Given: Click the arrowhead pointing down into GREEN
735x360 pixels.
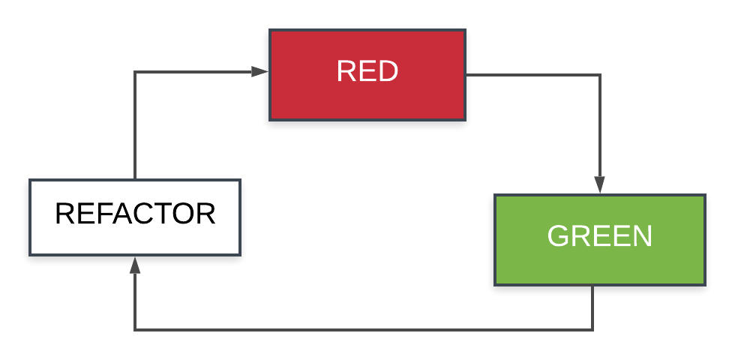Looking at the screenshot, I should [599, 184].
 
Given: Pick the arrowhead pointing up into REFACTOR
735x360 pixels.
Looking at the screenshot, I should [135, 265].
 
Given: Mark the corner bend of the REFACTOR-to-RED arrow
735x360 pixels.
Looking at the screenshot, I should [135, 72].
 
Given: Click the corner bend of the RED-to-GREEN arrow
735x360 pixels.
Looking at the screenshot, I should [599, 75].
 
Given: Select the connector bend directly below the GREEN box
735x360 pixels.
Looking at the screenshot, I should [592, 329].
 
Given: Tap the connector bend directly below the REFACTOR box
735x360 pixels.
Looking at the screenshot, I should [135, 329].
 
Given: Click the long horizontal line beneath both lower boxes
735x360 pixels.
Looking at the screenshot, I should [364, 329].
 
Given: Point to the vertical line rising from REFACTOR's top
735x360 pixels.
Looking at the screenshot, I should [135, 127].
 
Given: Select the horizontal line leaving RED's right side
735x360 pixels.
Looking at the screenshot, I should [532, 75].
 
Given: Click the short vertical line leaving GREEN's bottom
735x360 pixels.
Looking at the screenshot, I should [592, 307].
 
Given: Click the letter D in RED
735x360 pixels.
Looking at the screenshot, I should [388, 72].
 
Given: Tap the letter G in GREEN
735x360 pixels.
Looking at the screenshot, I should [558, 236].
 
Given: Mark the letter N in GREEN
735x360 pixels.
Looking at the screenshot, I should [642, 236].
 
